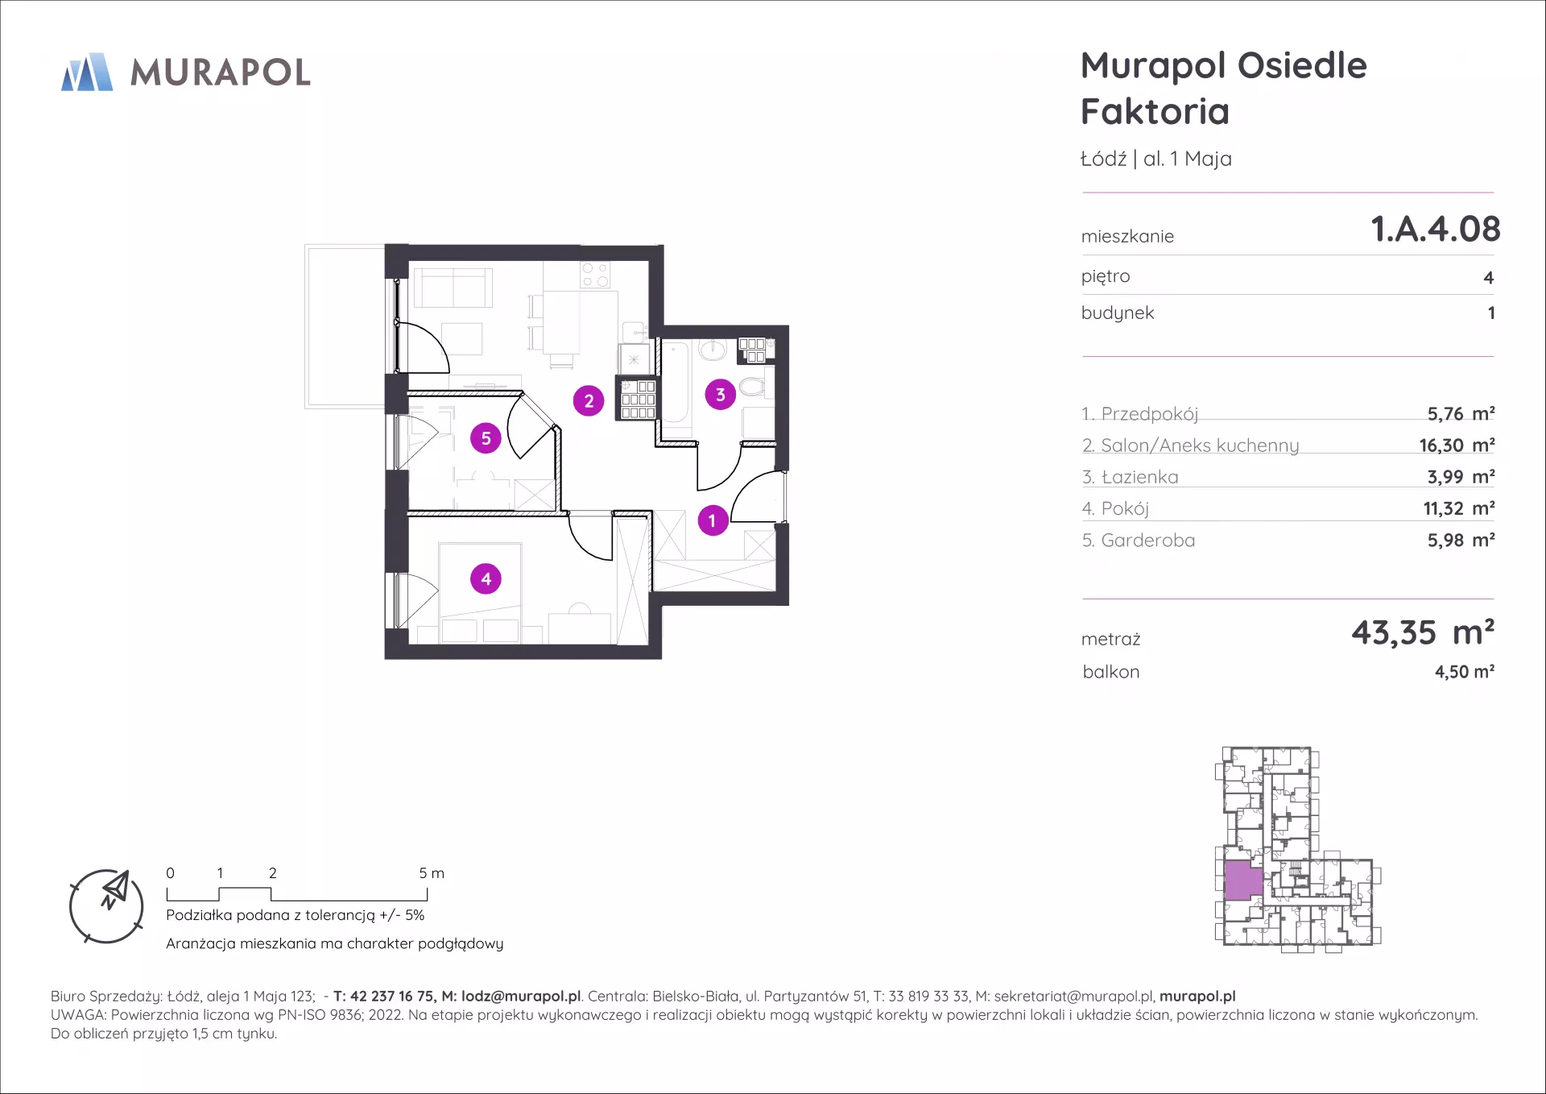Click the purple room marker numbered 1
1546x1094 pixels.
[713, 520]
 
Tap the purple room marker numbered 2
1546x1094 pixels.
[589, 400]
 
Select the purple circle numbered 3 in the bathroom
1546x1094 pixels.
[721, 395]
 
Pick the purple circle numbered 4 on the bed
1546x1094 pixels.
[486, 578]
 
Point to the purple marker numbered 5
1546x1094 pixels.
[486, 438]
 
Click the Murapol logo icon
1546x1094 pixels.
[87, 73]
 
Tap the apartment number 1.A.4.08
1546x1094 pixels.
[1436, 229]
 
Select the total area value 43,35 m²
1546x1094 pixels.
[1423, 632]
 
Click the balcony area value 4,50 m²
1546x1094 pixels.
[1465, 672]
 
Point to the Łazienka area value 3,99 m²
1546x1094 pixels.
[1461, 477]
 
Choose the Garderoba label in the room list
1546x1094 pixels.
[1147, 541]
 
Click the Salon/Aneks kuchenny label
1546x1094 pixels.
[1200, 445]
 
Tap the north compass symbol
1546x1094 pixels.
[106, 906]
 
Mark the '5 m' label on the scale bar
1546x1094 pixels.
[432, 873]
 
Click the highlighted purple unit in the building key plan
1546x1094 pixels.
[1243, 881]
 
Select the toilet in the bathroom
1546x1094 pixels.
[752, 387]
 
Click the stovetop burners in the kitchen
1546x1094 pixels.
[595, 275]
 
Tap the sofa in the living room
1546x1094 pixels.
[453, 288]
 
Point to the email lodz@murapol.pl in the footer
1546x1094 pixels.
[521, 997]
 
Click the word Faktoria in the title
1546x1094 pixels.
[1155, 111]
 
